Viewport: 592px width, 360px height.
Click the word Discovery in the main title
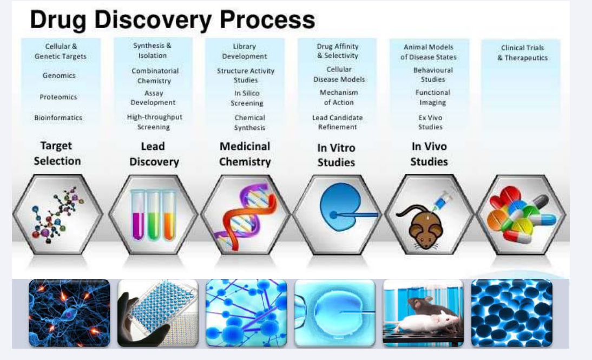tap(153, 20)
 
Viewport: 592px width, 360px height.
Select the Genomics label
tap(59, 76)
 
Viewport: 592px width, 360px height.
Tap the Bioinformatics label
tap(58, 117)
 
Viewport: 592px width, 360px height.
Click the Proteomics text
tap(58, 97)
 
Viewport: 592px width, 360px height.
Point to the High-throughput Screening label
tap(154, 122)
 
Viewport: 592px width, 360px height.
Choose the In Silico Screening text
tap(247, 98)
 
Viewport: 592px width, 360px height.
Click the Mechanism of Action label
tap(339, 97)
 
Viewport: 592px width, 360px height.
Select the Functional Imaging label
tap(433, 97)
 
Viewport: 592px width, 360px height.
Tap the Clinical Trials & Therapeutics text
tap(523, 53)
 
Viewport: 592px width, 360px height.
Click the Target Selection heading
tap(57, 153)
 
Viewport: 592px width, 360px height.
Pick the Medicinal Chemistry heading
tap(245, 154)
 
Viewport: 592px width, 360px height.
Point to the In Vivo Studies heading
tap(429, 154)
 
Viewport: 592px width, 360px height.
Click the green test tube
tap(153, 214)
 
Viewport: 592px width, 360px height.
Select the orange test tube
tap(169, 214)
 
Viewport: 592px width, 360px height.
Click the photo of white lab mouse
tap(423, 313)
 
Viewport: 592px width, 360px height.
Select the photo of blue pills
tap(511, 313)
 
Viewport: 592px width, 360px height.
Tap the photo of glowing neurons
tap(69, 313)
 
